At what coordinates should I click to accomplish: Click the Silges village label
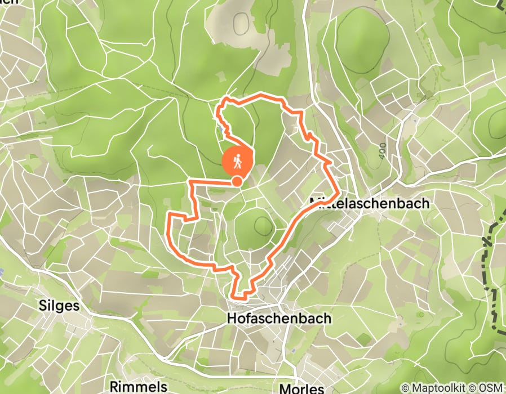[58, 306]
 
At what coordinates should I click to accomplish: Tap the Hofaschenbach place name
[279, 319]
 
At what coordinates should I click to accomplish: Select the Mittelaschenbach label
[370, 203]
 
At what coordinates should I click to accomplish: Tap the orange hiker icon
[238, 161]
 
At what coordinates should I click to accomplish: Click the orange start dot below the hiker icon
[238, 181]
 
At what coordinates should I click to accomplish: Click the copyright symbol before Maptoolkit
[405, 388]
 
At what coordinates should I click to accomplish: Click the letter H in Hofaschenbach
[231, 319]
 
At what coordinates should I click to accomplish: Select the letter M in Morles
[285, 388]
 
